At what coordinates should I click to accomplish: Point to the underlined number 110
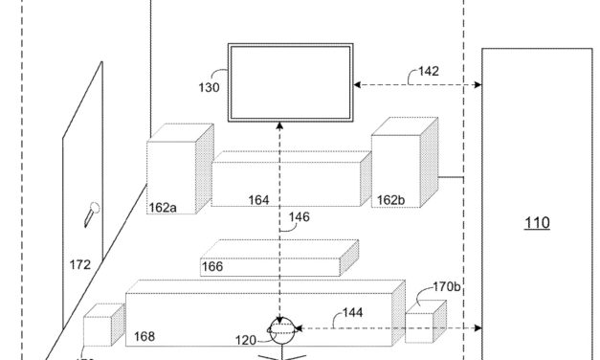(537, 223)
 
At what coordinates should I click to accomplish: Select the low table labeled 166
(278, 257)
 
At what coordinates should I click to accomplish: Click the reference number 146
(300, 217)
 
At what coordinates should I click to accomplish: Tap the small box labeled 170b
(426, 321)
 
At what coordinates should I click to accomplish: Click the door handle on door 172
(90, 212)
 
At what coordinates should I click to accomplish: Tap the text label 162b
(390, 200)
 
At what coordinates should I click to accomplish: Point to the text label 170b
(446, 284)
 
